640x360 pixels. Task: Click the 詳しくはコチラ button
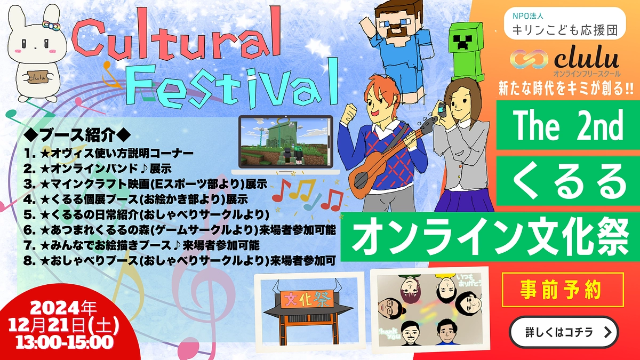(564, 332)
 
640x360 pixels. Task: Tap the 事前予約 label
(563, 290)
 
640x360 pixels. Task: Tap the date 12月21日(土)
(62, 324)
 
